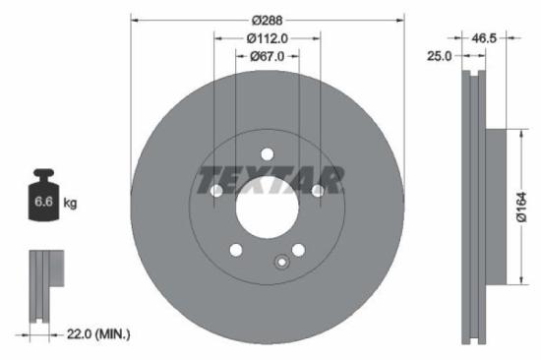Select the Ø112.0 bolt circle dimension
point(268,37)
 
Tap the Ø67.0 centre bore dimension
point(268,56)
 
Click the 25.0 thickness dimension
point(439,56)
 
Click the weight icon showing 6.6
point(44,200)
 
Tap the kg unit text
point(71,203)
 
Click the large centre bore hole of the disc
point(268,203)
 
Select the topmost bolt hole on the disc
point(268,152)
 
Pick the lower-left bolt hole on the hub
point(236,249)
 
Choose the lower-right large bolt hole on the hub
point(299,249)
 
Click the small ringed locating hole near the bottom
point(281,262)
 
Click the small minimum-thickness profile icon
point(41,286)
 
